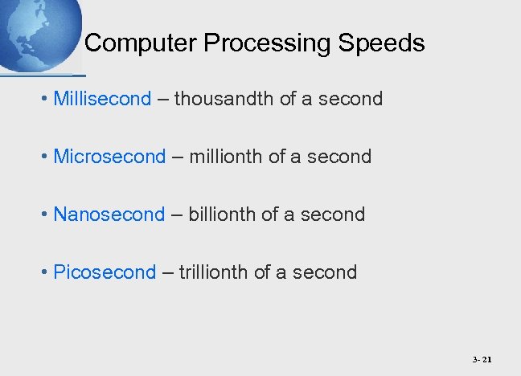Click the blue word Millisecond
(102, 99)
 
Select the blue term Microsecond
(109, 157)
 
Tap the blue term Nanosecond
(109, 215)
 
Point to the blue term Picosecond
(105, 272)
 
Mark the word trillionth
(213, 272)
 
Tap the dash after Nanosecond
(176, 215)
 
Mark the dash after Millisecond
(162, 99)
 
